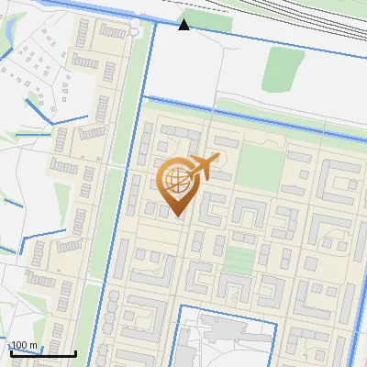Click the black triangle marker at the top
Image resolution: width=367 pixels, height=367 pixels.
(184, 24)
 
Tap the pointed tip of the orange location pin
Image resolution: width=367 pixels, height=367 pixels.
(176, 216)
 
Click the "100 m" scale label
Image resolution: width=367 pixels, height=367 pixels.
(24, 345)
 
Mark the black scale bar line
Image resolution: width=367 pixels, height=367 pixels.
(42, 353)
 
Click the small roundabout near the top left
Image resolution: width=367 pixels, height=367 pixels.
(135, 30)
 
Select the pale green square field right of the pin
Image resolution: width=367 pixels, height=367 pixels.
(261, 166)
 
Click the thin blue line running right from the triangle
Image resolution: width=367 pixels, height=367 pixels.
(275, 34)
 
